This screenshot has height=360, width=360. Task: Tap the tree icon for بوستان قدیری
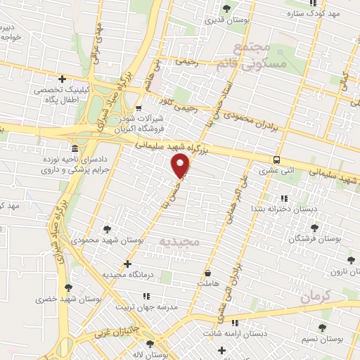226,8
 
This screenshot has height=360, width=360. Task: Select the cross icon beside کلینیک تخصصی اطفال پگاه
62,79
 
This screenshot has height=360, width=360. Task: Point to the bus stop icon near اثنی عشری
277,159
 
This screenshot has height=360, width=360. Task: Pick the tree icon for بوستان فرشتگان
314,227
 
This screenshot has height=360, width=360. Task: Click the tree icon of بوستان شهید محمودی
107,229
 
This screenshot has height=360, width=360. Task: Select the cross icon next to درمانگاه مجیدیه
127,264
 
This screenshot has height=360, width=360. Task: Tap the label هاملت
210,281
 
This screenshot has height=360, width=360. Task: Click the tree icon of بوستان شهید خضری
68,287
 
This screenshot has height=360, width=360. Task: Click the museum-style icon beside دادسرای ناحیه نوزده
75,148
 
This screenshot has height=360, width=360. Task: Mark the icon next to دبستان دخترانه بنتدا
283,199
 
